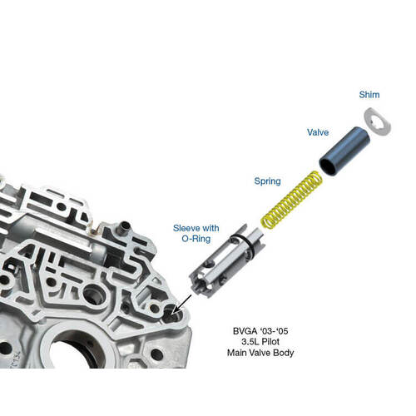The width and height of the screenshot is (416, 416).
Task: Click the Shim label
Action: (369, 95)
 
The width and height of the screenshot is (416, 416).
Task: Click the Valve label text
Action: (318, 132)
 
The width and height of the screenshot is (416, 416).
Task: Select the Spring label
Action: (267, 181)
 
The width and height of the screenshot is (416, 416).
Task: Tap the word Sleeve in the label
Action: (184, 228)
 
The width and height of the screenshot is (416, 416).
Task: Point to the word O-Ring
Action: (196, 239)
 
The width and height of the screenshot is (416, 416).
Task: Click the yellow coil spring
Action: (292, 200)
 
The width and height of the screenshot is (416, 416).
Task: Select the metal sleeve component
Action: (227, 261)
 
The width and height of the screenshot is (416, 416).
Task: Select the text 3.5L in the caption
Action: (250, 342)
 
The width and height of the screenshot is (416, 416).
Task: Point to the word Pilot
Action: (270, 342)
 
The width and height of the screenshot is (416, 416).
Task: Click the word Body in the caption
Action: (284, 353)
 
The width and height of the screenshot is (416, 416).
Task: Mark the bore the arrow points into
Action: (171, 316)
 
